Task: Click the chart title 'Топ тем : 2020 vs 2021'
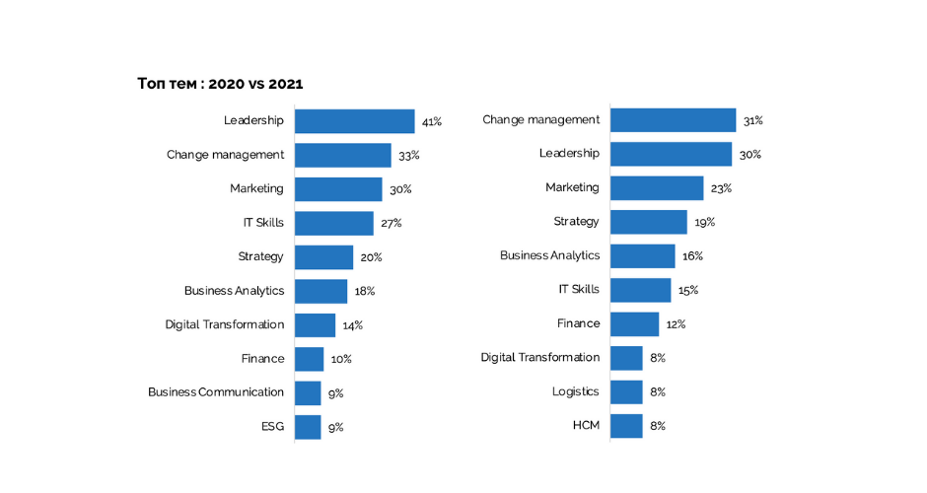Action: tap(220, 84)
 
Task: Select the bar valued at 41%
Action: tap(354, 121)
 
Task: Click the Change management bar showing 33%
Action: tap(342, 155)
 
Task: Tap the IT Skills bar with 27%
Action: tap(333, 223)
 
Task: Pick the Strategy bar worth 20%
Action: tap(323, 257)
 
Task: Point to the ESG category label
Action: tap(272, 426)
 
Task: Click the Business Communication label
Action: tap(216, 392)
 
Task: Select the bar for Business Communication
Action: tap(308, 392)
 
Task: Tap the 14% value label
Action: tap(353, 325)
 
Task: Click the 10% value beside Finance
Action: tap(341, 359)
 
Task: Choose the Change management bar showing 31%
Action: tap(673, 120)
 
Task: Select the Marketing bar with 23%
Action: tap(656, 187)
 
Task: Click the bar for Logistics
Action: tap(626, 391)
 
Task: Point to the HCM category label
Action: tap(586, 425)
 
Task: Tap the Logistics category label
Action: tap(575, 391)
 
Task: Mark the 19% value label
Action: tap(704, 222)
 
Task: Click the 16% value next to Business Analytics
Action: tap(692, 256)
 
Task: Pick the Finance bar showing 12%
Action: tap(634, 323)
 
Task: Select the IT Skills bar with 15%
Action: tap(640, 290)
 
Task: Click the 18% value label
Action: tap(365, 292)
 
